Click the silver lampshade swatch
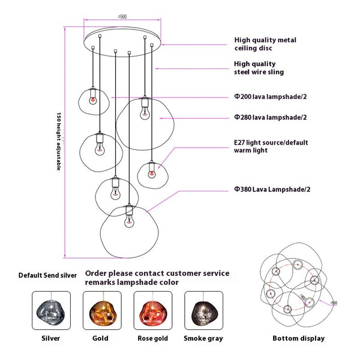point(51,311)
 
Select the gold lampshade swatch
point(101,311)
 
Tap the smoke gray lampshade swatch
point(203,311)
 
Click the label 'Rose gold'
point(152,338)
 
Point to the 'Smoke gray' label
point(203,338)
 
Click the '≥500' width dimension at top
point(122,17)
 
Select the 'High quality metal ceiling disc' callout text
point(265,44)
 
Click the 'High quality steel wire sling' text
point(259,68)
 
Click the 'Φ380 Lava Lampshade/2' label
point(273,189)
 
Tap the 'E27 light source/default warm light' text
point(268,147)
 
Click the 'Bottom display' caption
point(299,338)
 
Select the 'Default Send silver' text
point(47,275)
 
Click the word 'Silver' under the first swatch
point(51,338)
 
